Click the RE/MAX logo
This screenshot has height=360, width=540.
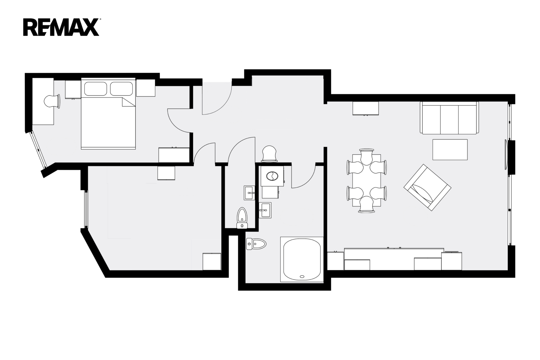coord(61,27)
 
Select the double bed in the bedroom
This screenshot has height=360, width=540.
coord(108,113)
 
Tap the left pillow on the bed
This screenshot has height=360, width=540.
coord(96,88)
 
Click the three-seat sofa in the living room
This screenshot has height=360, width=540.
coord(449,118)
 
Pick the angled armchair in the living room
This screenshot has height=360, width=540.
coord(427,187)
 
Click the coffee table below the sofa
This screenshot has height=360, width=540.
coord(450,150)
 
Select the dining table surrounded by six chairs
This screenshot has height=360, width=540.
coord(367,180)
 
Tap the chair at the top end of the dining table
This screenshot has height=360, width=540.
coord(367,157)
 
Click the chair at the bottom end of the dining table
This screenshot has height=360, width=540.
coord(367,204)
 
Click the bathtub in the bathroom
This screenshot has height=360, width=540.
coord(302,259)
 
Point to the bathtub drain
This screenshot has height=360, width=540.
coord(302,277)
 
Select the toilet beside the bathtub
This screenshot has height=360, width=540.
coord(256,244)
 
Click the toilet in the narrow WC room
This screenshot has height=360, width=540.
coord(242,218)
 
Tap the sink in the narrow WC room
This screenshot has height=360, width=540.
coord(249,193)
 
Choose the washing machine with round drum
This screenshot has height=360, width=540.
coord(272,176)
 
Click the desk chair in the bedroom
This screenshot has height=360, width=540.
coord(52,101)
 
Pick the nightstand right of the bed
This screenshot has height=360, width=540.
coord(145,88)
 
